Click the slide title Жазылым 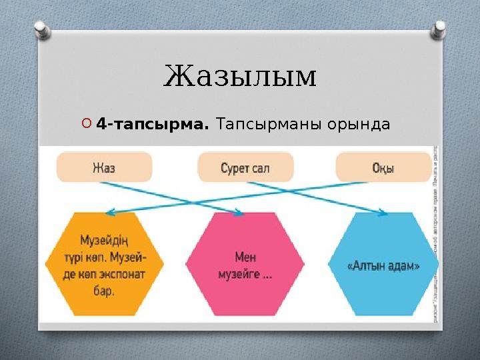tap(240, 77)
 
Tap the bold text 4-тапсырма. tap(153, 125)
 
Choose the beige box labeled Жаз tap(104, 167)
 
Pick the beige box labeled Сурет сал tap(245, 167)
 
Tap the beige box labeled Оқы tap(383, 167)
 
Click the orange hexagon tap(104, 264)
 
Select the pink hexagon tap(245, 264)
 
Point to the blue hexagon tap(383, 264)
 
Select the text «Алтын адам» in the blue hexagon tap(383, 265)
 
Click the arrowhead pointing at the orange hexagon tap(111, 213)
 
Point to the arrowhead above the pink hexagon tap(238, 213)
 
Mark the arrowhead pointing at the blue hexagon tap(383, 213)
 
